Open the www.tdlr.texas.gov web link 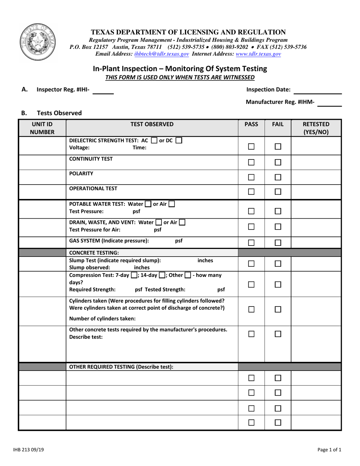point(258,55)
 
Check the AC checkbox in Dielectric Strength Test point(153,141)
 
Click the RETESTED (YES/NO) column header point(316,128)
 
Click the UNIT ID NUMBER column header point(42,128)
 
